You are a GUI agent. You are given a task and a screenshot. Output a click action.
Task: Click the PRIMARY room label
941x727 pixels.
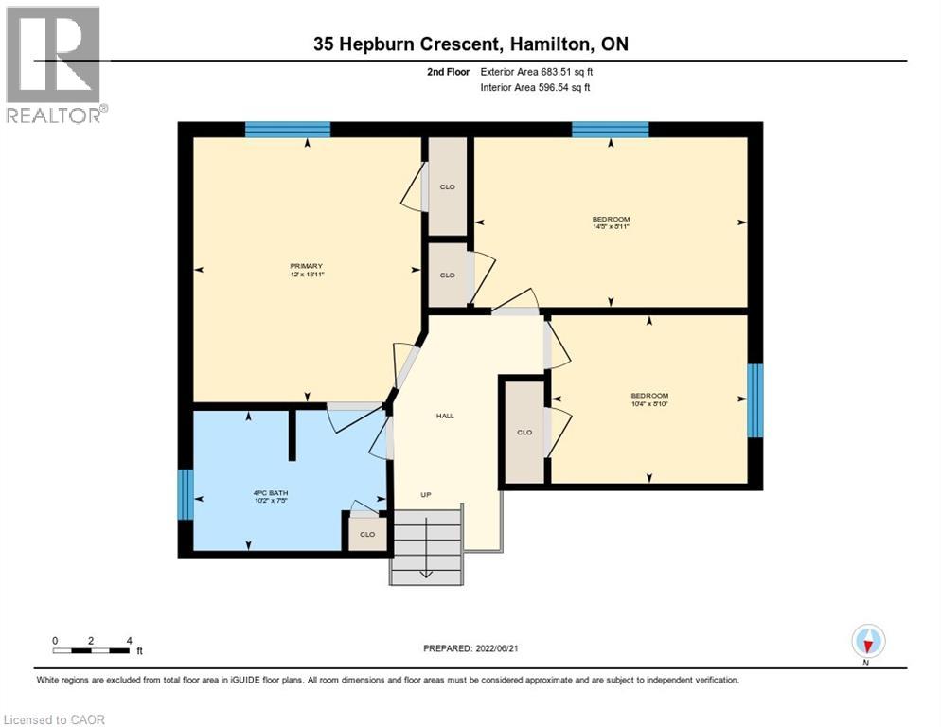click(307, 266)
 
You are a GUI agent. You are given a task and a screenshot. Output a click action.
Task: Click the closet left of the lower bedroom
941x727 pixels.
click(524, 432)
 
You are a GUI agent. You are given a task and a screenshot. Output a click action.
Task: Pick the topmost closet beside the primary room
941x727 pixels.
click(448, 186)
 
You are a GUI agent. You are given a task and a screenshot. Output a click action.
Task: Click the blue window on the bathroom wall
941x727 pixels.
click(186, 494)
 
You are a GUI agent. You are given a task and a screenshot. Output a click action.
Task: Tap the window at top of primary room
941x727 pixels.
click(288, 130)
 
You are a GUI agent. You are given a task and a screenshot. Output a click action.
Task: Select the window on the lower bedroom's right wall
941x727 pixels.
click(755, 400)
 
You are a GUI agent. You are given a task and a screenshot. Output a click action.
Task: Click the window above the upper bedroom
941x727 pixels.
click(610, 130)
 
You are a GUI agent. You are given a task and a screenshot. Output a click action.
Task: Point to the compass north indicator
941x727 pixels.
click(867, 642)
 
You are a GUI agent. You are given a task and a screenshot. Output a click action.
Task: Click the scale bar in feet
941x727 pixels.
click(92, 650)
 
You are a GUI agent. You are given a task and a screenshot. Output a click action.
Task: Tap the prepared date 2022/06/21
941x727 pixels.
click(470, 648)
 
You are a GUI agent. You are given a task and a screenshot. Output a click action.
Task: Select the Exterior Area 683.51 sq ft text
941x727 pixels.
click(538, 71)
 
